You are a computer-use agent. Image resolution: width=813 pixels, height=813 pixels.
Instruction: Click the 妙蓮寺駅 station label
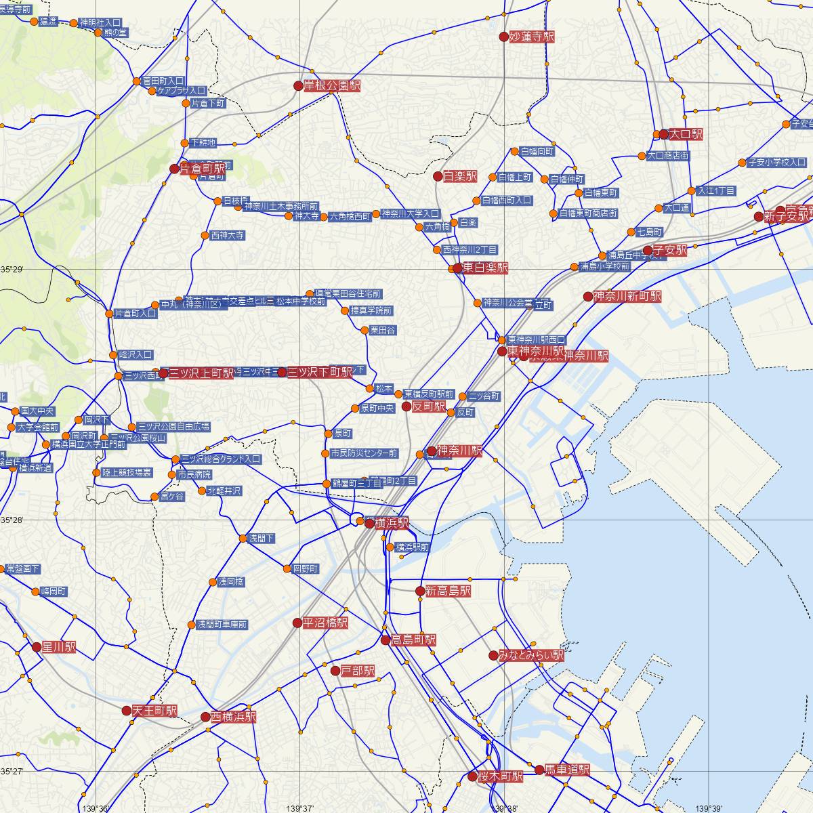[532, 37]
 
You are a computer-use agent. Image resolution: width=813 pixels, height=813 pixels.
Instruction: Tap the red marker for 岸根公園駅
[298, 86]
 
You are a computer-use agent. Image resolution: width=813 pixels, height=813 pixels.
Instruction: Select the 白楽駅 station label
[460, 177]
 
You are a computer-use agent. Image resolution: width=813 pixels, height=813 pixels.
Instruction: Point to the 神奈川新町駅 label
[627, 296]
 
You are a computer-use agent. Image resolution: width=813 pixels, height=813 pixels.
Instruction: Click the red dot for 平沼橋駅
[297, 622]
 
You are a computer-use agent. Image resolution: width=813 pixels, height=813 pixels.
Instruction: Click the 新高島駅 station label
[448, 591]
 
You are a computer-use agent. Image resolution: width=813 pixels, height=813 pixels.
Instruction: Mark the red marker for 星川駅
[37, 647]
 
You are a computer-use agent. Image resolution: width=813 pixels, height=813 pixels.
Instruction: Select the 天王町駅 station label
[154, 711]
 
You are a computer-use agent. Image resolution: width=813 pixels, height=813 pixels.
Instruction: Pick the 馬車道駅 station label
[568, 770]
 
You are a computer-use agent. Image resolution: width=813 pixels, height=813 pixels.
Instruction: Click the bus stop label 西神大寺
[228, 236]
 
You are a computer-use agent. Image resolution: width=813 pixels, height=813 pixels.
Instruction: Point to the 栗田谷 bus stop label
[383, 330]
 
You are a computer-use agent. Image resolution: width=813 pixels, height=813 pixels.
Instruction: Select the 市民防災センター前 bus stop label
[364, 453]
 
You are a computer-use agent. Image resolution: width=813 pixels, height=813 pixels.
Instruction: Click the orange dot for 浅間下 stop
[243, 539]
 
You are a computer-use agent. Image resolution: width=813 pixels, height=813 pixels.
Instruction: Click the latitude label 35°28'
[12, 520]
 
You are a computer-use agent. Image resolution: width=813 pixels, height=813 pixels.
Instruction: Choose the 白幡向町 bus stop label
[537, 152]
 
